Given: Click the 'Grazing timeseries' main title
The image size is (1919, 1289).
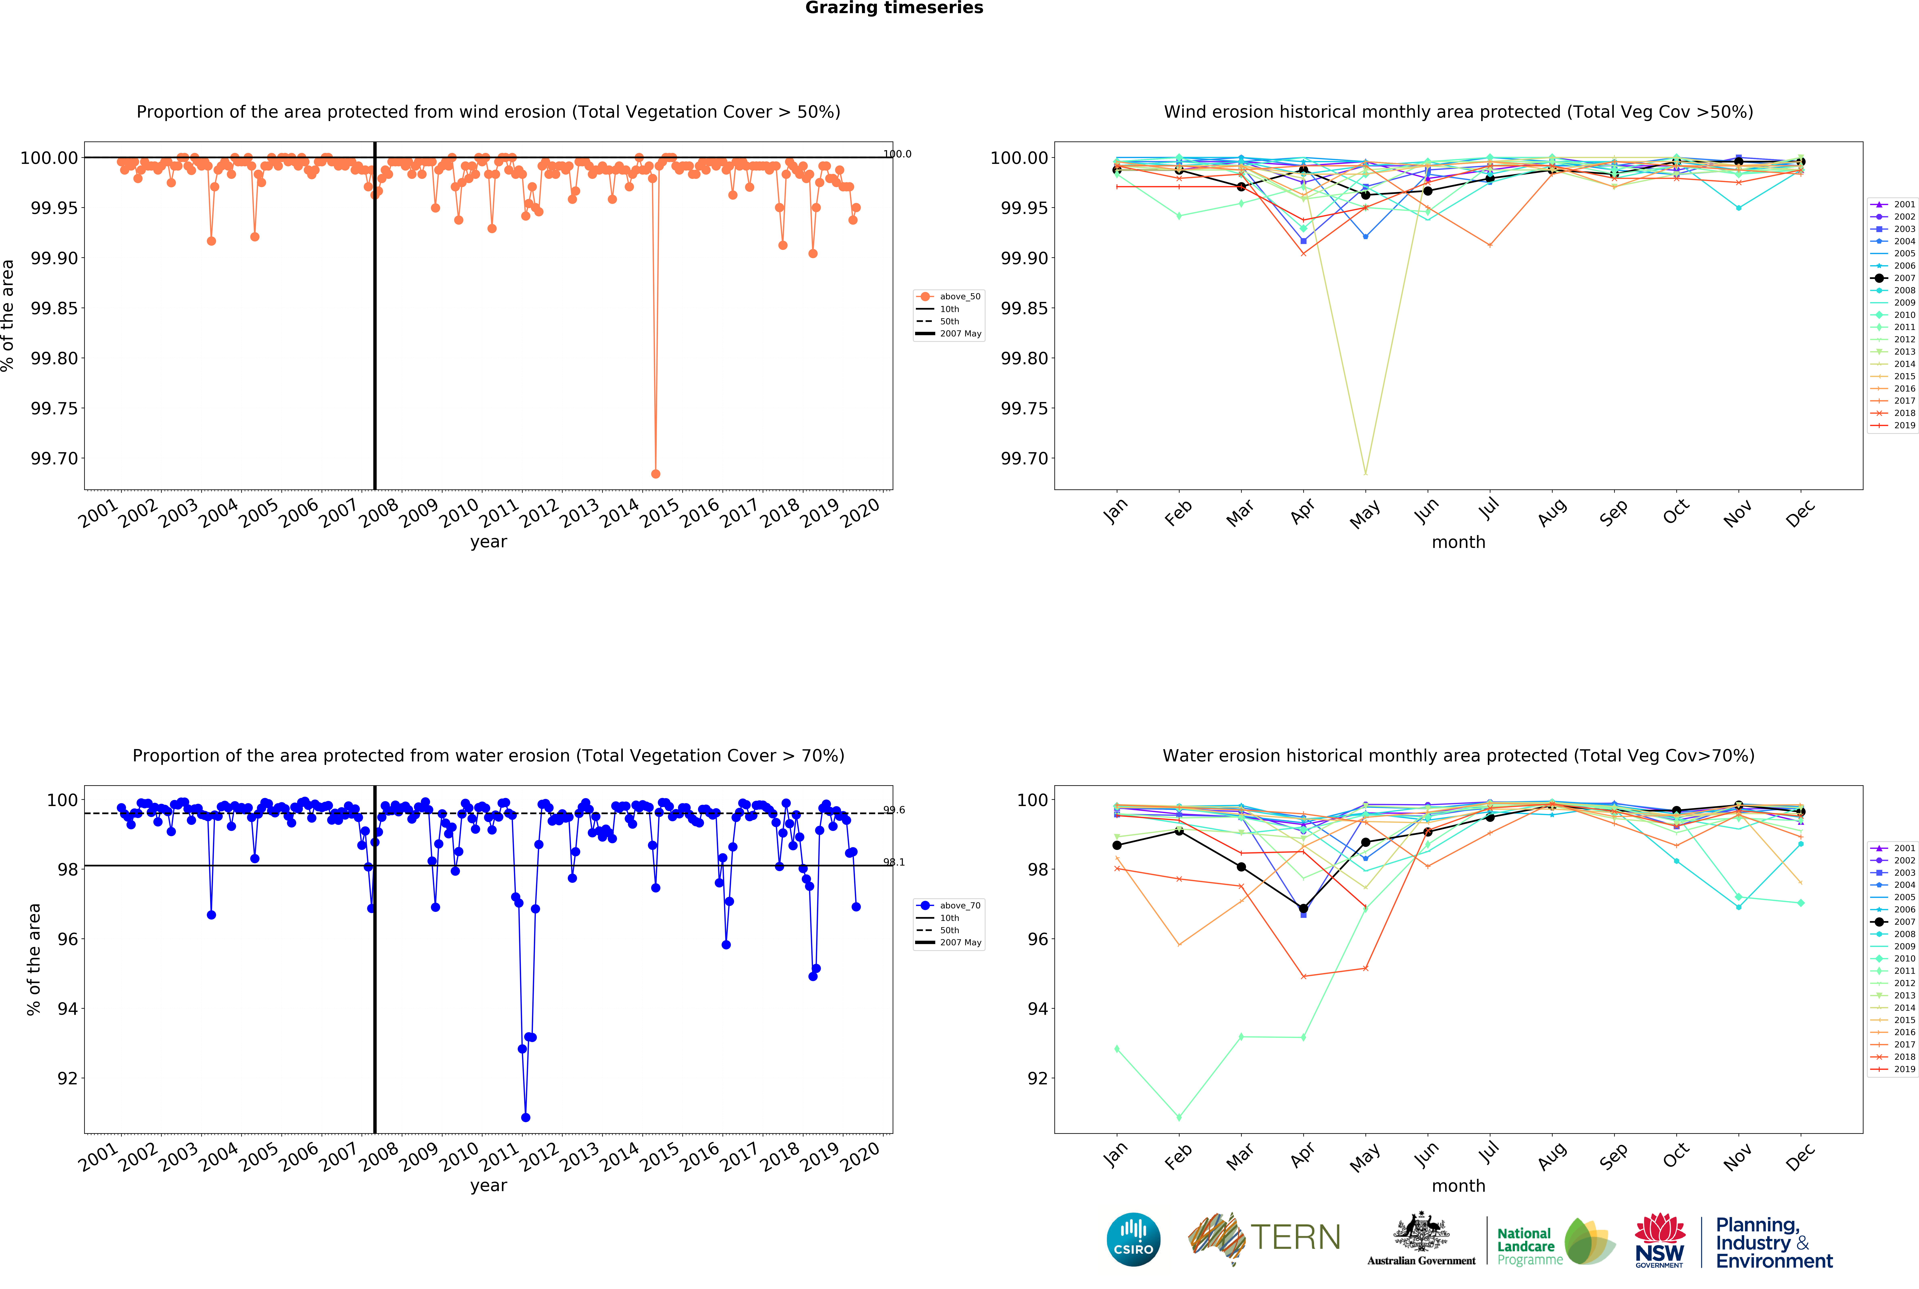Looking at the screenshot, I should point(894,8).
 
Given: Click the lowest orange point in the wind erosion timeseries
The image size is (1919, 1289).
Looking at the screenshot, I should point(655,473).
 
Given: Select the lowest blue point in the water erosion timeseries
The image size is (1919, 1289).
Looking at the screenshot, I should point(525,1117).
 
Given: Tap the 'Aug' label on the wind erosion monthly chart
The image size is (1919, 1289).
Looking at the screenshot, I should point(1551,513).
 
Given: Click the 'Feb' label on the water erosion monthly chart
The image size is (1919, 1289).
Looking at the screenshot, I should point(1178,1157).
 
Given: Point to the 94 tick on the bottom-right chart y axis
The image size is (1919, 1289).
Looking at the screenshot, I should point(1038,1009).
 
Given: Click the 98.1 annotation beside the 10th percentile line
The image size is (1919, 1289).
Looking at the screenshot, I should point(894,862).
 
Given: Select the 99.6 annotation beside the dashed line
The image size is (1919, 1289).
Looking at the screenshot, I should point(894,810).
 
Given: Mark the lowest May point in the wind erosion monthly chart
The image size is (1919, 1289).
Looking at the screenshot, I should point(1366,473).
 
